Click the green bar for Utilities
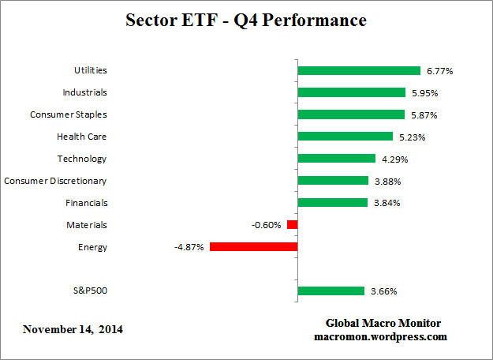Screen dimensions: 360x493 (x=359, y=70)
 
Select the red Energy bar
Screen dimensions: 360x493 (x=253, y=247)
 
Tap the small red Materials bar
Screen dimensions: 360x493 (x=292, y=225)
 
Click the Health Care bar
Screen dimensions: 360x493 (x=345, y=137)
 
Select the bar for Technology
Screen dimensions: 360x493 (x=336, y=159)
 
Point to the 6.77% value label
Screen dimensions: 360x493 (x=439, y=70)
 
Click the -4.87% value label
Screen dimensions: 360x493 (x=189, y=247)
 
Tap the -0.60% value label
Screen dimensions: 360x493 (x=266, y=225)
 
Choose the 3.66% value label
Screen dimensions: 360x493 (x=384, y=291)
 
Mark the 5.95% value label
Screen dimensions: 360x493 (x=423, y=92)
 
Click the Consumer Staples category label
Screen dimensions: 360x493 (x=68, y=114)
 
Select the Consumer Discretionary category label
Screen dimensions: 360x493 (x=55, y=181)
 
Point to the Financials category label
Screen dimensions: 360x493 (x=85, y=203)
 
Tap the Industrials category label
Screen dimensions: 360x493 (x=84, y=92)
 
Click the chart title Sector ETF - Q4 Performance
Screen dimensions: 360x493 (x=246, y=21)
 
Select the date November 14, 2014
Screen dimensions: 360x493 (x=73, y=328)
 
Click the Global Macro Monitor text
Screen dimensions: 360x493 (x=383, y=324)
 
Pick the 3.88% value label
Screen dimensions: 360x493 (x=386, y=181)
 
